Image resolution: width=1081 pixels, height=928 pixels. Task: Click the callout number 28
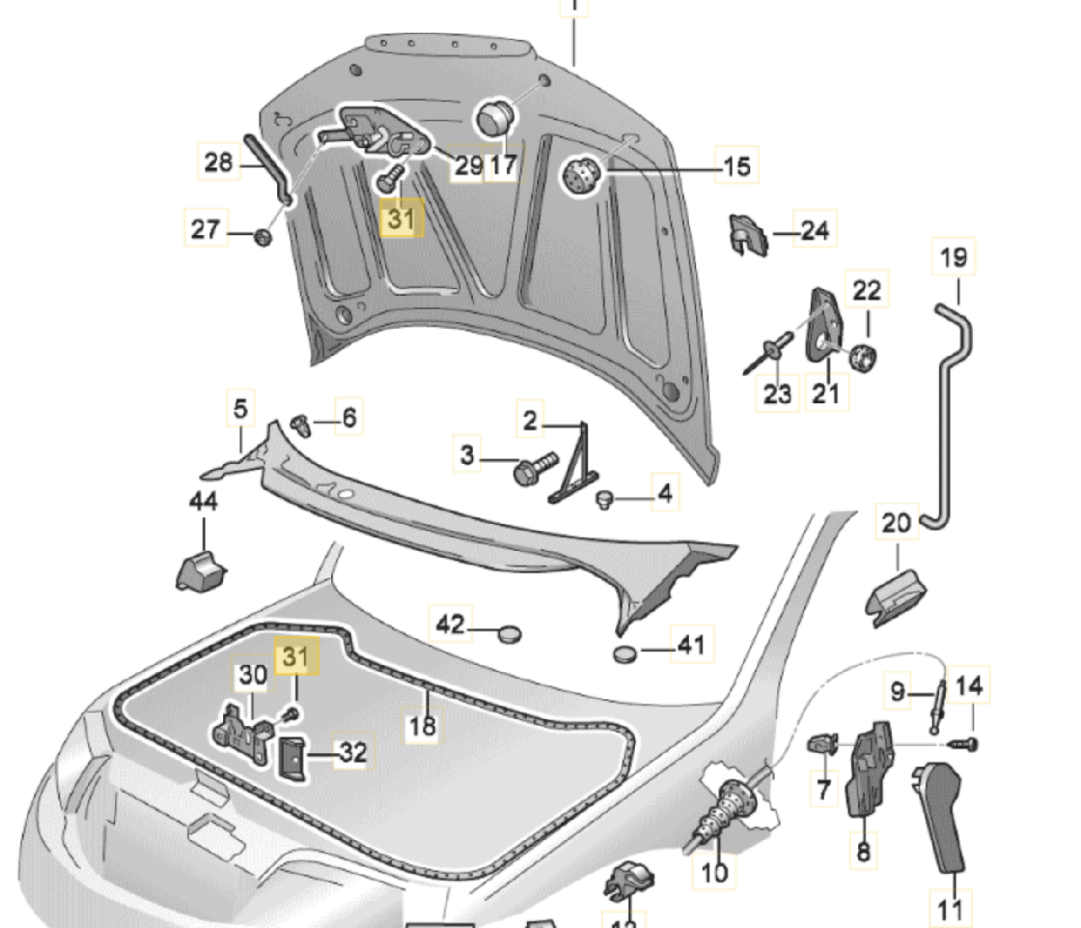click(x=218, y=161)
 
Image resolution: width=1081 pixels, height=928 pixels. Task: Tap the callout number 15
click(x=736, y=166)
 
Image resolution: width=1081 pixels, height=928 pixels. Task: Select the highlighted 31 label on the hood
click(x=400, y=220)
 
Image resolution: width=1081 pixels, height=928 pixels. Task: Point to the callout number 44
click(x=203, y=501)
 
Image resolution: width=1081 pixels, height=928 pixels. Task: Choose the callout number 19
click(x=953, y=257)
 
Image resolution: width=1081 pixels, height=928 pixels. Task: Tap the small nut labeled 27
click(x=263, y=236)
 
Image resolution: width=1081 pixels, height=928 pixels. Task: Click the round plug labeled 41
click(x=624, y=653)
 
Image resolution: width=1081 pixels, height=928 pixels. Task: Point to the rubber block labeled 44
click(x=201, y=570)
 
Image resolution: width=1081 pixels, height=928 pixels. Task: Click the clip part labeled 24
click(x=748, y=234)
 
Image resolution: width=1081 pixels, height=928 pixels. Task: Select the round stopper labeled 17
click(x=496, y=117)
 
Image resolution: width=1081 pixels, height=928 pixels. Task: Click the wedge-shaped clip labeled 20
click(x=895, y=596)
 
